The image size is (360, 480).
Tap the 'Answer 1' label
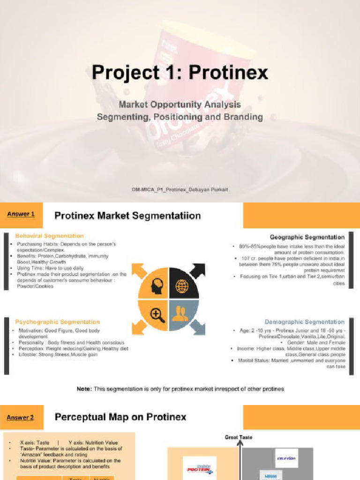pos(21,214)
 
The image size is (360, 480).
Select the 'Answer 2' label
pos(21,417)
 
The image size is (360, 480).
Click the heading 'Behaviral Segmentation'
pos(49,236)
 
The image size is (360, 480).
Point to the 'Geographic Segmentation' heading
pos(307,237)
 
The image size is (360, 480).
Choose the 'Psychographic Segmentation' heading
pos(57,322)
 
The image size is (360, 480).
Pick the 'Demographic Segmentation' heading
pos(305,322)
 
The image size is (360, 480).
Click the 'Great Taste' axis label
pos(239,437)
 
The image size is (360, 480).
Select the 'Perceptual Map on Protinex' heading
pos(120,417)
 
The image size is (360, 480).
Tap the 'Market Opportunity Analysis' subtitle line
pos(180,105)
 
